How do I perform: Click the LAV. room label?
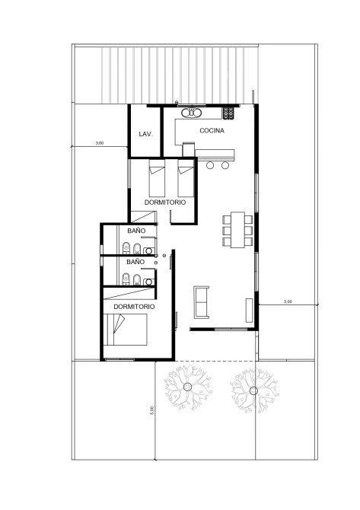(x=145, y=134)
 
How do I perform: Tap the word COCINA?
(x=212, y=130)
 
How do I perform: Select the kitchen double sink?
(x=192, y=113)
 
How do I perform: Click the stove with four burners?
(x=228, y=113)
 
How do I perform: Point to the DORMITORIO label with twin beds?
(x=165, y=202)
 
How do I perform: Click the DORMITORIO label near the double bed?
(x=134, y=307)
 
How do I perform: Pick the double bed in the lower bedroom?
(x=126, y=330)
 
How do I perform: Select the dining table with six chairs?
(x=237, y=230)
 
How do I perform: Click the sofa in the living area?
(x=201, y=302)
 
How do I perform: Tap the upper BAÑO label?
(x=136, y=231)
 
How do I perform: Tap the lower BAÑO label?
(x=135, y=262)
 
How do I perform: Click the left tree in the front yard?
(x=188, y=387)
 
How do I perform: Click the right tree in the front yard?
(x=253, y=390)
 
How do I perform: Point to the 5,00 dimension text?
(x=151, y=410)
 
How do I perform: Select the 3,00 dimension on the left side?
(x=100, y=143)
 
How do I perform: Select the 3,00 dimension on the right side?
(x=288, y=301)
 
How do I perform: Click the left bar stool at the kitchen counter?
(x=210, y=165)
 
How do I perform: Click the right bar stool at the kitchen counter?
(x=225, y=165)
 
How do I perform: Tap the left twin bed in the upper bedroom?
(x=157, y=178)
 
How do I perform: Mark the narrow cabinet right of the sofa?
(x=249, y=310)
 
